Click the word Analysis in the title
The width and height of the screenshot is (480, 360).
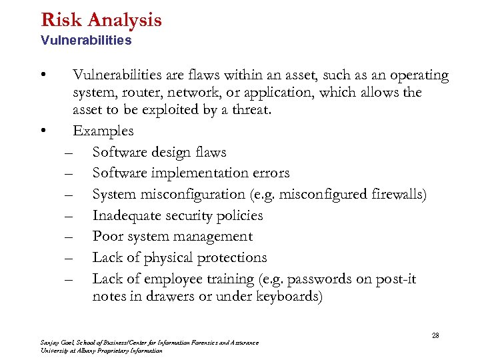pyautogui.click(x=124, y=20)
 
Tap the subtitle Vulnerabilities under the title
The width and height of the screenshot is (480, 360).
pyautogui.click(x=86, y=41)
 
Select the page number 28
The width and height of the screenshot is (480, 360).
pyautogui.click(x=435, y=335)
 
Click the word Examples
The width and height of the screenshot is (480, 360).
pyautogui.click(x=103, y=131)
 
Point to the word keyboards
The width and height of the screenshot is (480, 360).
pyautogui.click(x=287, y=296)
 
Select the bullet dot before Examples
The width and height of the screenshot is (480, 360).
pyautogui.click(x=43, y=131)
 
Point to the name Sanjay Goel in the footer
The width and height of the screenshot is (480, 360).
pyautogui.click(x=57, y=343)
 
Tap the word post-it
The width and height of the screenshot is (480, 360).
pyautogui.click(x=397, y=279)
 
